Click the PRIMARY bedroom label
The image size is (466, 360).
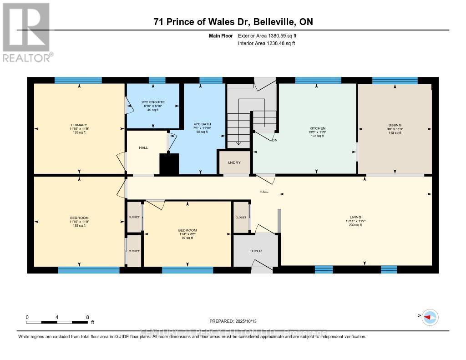click(79, 125)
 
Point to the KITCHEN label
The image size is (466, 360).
click(317, 128)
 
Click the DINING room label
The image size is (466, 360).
click(395, 125)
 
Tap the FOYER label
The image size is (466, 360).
click(255, 251)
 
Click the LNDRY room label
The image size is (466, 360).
click(234, 163)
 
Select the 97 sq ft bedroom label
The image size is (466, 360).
click(187, 230)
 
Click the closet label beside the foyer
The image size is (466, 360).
click(241, 218)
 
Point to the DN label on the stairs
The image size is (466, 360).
click(274, 140)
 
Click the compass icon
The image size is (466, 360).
click(430, 317)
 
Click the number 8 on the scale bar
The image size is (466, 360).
click(87, 317)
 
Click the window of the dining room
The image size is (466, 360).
click(395, 81)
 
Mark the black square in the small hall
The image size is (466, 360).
click(169, 164)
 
